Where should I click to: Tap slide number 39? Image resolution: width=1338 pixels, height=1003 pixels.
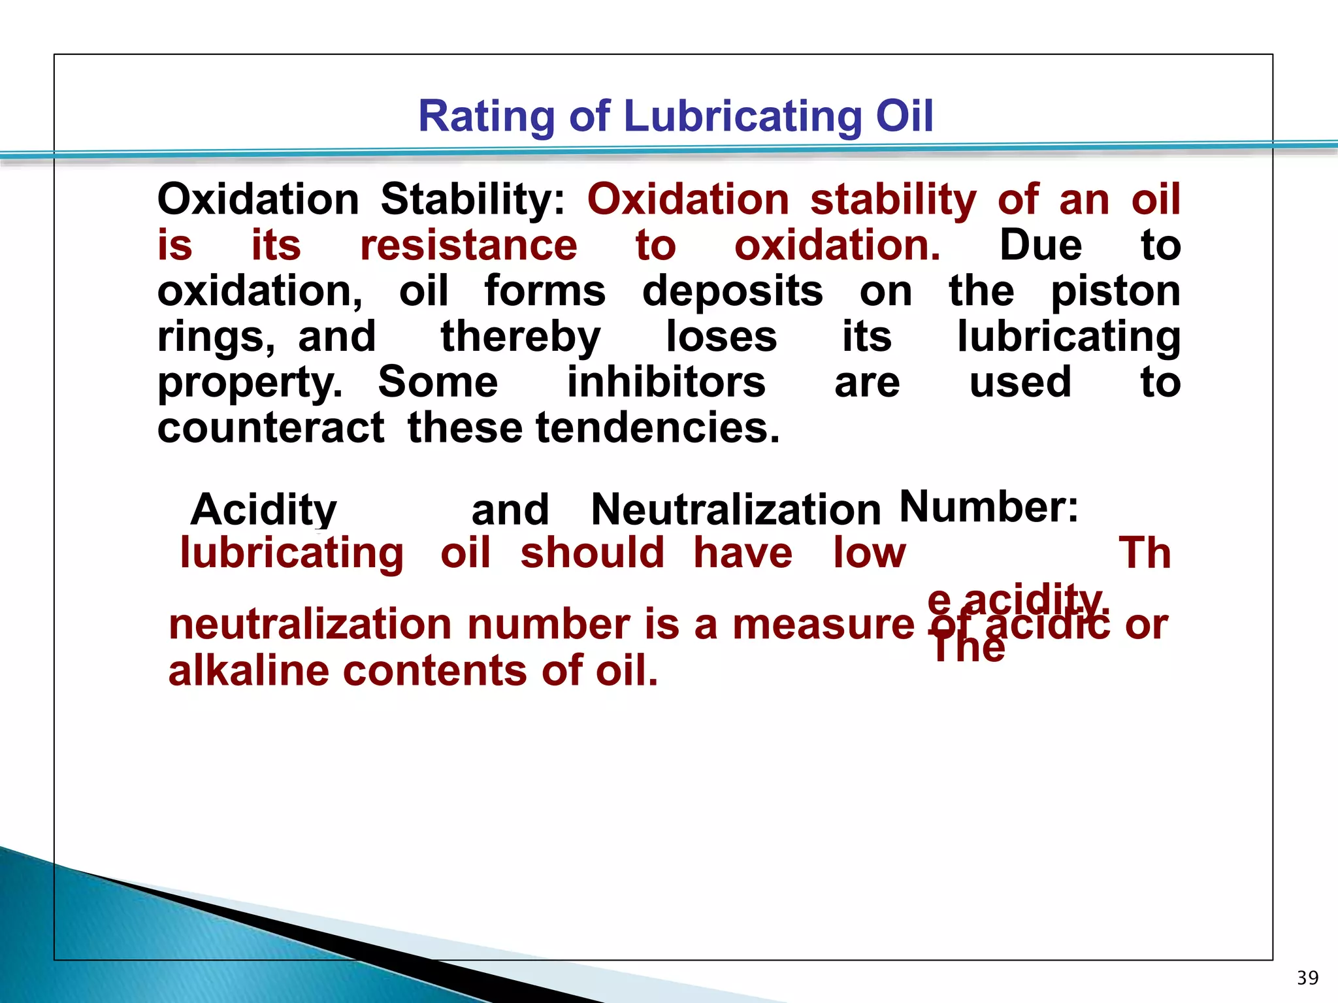[1307, 978]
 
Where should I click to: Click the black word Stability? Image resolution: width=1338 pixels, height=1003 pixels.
[473, 199]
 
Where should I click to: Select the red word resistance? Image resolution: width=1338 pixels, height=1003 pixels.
[468, 246]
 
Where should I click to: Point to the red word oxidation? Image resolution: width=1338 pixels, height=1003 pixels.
[837, 246]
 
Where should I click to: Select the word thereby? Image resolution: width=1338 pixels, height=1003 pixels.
[520, 337]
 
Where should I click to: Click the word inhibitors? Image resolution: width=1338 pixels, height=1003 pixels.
[666, 382]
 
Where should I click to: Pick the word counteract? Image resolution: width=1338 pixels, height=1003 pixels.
[270, 428]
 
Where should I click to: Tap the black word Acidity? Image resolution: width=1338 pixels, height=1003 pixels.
[263, 510]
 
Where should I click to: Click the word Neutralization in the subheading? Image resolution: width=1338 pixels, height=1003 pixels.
[736, 510]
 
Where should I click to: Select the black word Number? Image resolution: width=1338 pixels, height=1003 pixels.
[988, 507]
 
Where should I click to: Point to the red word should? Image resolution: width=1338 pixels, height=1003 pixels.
[592, 553]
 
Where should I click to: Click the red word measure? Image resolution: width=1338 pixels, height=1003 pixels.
[823, 625]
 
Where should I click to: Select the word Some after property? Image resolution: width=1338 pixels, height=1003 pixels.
[438, 382]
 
